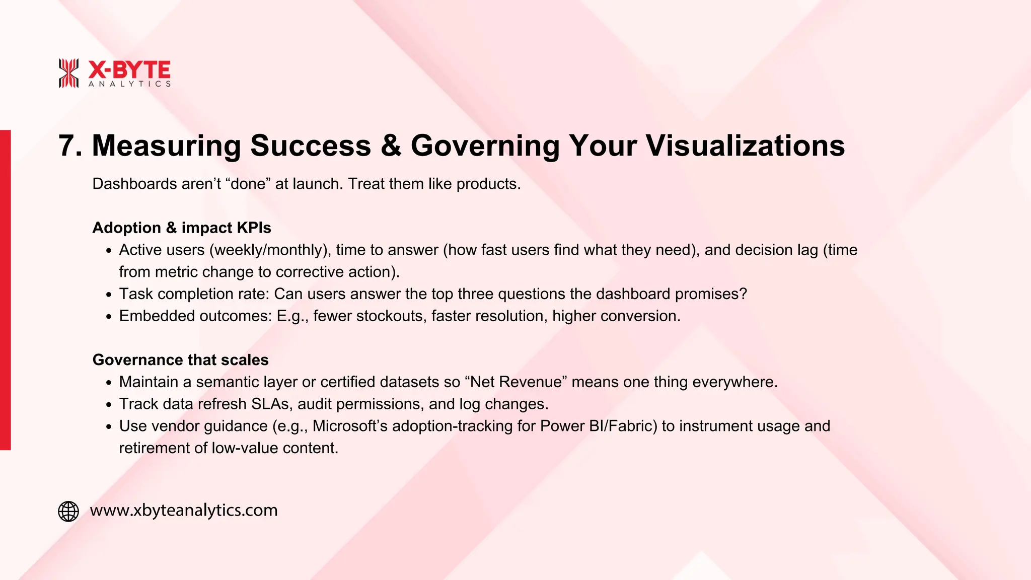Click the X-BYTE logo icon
pos(68,73)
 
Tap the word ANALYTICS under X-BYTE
pos(129,84)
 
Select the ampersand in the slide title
pos(391,146)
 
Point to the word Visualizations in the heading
pos(745,146)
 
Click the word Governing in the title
pos(485,147)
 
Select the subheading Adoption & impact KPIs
pos(182,228)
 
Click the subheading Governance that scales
pos(180,359)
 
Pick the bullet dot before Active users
pos(109,251)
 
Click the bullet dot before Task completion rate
pos(109,295)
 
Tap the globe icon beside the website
pos(68,511)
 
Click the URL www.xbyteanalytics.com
pos(184,510)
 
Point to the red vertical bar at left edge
pos(5,289)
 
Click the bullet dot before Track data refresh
pos(109,405)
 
